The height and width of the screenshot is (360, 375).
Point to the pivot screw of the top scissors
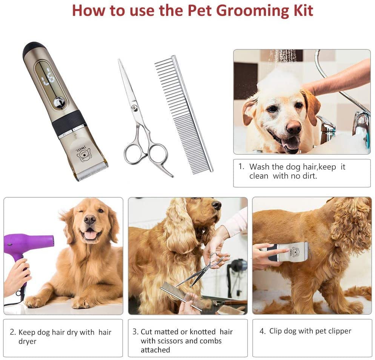tap(134, 108)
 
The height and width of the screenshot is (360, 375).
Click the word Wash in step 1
tap(259, 167)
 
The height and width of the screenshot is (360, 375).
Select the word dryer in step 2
tap(28, 341)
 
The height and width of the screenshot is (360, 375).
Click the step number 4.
tap(263, 331)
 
